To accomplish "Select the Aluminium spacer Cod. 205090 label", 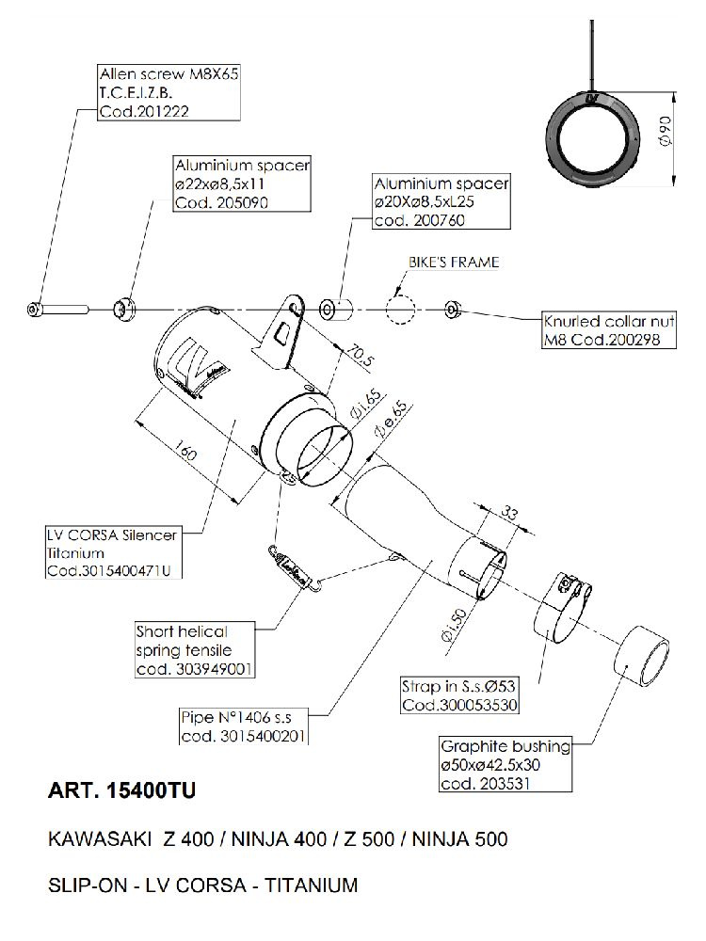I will click(241, 184).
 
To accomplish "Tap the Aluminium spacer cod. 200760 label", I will click(441, 200).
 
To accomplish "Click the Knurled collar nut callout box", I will click(610, 330).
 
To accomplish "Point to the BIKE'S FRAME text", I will click(453, 262).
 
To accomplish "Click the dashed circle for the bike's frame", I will click(400, 309).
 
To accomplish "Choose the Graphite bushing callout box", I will click(505, 763).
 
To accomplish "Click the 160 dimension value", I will click(185, 452).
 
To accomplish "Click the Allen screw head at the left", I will click(35, 309).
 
